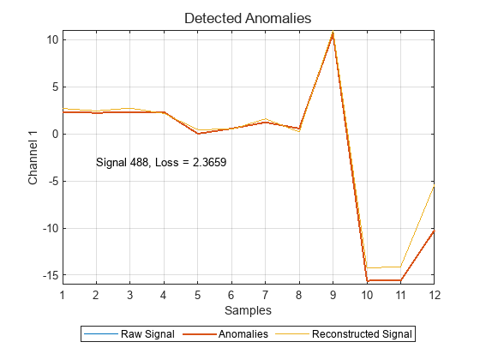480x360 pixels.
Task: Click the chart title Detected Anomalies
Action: pyautogui.click(x=248, y=17)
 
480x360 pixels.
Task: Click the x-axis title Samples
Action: pyautogui.click(x=248, y=309)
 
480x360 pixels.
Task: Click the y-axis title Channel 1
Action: pyautogui.click(x=33, y=158)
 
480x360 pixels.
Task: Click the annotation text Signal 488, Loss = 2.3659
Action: pyautogui.click(x=161, y=161)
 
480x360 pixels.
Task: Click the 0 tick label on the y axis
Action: pyautogui.click(x=53, y=134)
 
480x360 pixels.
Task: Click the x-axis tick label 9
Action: pyautogui.click(x=333, y=294)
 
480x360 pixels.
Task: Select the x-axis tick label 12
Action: pyautogui.click(x=434, y=294)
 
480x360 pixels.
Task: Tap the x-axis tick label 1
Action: pyautogui.click(x=63, y=294)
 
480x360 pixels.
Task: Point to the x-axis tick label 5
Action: pyautogui.click(x=197, y=294)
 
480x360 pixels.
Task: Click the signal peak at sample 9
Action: pyautogui.click(x=333, y=33)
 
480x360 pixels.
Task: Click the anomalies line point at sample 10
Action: pyautogui.click(x=367, y=280)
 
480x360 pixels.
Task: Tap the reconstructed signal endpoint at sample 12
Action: pyautogui.click(x=434, y=185)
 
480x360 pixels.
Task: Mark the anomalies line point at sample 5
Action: pyautogui.click(x=197, y=134)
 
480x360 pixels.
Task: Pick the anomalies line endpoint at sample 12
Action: pyautogui.click(x=434, y=231)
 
